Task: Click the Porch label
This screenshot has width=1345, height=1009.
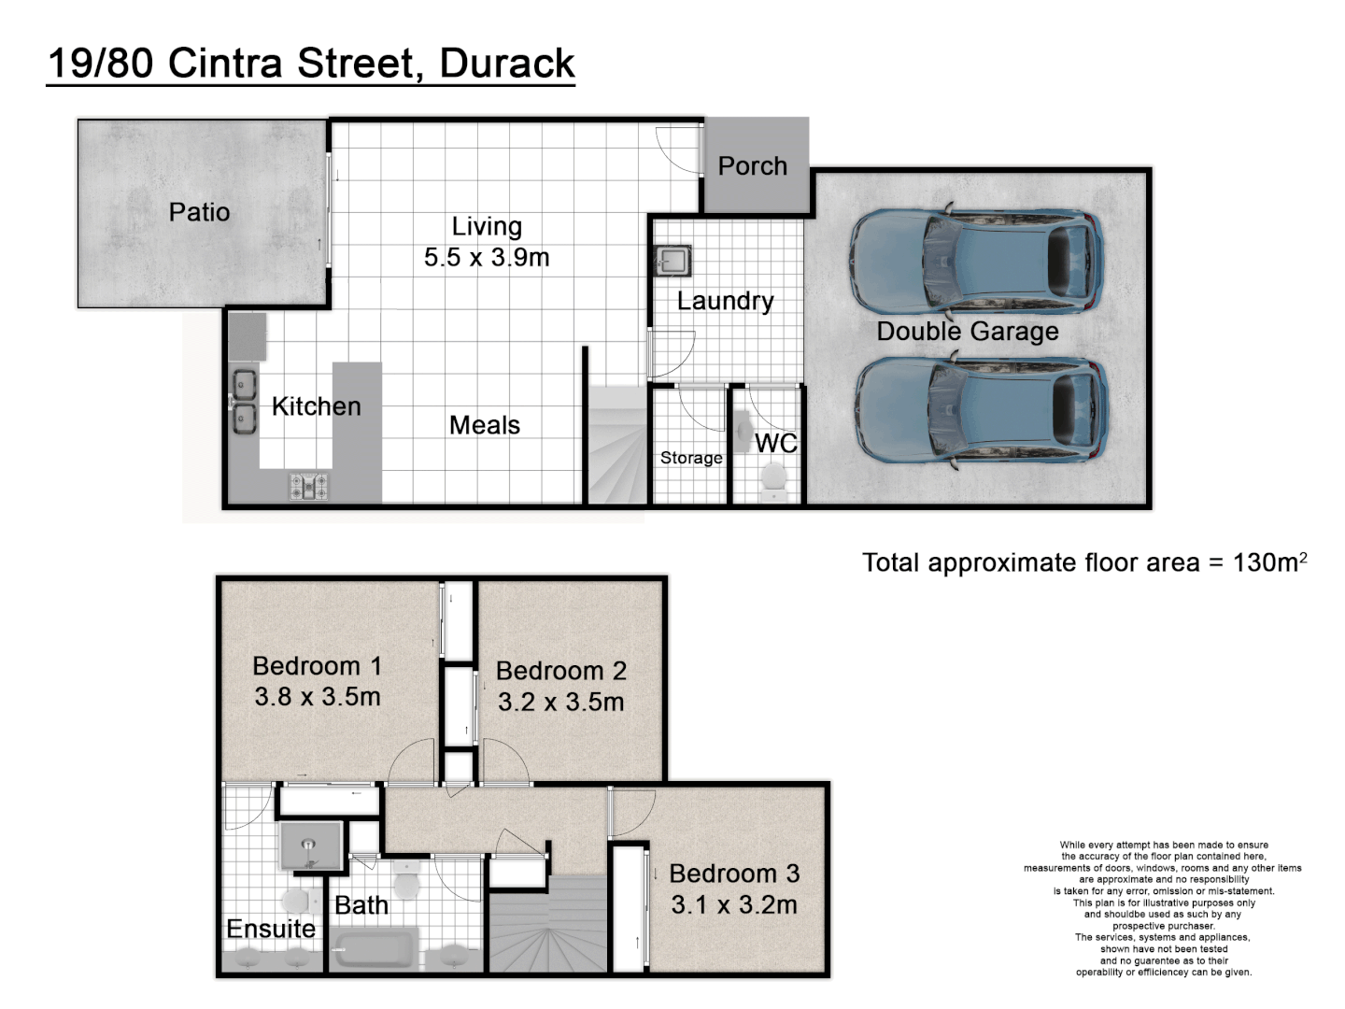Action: (752, 166)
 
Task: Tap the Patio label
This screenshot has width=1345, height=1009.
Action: (199, 212)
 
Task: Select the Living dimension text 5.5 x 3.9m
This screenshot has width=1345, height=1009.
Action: (487, 258)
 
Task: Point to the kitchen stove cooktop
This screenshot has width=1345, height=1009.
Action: (308, 486)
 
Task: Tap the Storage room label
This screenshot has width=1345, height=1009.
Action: (691, 458)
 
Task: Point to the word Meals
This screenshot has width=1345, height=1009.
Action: (485, 425)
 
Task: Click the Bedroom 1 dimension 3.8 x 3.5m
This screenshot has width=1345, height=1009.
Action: (318, 697)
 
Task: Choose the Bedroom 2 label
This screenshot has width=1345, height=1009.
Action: (561, 671)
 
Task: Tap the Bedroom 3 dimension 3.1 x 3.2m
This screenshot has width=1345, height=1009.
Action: (734, 904)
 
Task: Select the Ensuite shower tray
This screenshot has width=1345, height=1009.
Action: (311, 846)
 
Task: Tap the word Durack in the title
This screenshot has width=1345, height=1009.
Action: (507, 64)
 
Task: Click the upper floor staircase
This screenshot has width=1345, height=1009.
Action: (549, 925)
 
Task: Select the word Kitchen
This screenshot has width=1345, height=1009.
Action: (316, 406)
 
